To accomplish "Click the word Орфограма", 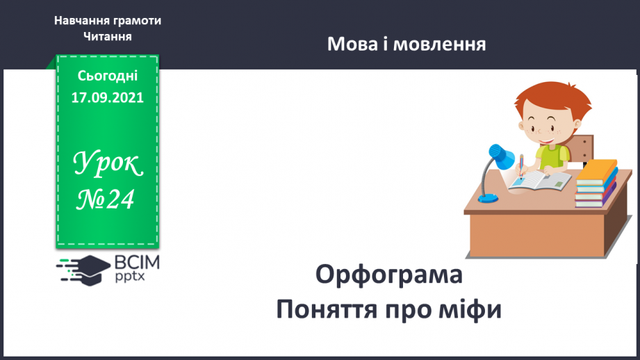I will coord(389,275).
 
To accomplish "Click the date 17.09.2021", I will coord(108,97).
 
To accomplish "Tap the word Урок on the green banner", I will coord(108,165).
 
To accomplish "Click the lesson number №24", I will coord(108,199).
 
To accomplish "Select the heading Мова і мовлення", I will coord(407,44).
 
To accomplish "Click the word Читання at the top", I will coord(108,36).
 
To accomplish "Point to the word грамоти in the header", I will coord(136,20).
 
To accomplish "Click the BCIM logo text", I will coord(136,262).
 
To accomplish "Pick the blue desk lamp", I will coord(498,163).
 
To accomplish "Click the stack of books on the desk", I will coord(596,183).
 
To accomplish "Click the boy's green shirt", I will coord(552,156).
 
